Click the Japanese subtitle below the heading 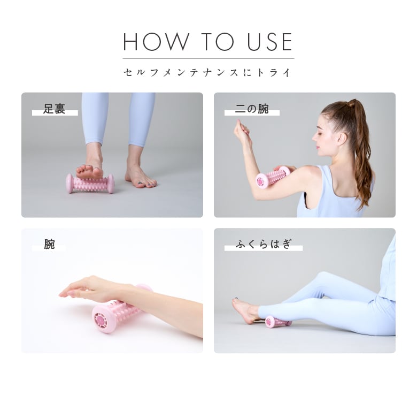(x=208, y=72)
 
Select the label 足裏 (x=54, y=110)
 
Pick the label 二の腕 (x=252, y=110)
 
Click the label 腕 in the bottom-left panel (x=50, y=245)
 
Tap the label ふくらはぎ (x=265, y=245)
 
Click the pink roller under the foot (x=90, y=184)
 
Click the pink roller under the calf (x=277, y=322)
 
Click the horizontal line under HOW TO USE (x=208, y=58)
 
